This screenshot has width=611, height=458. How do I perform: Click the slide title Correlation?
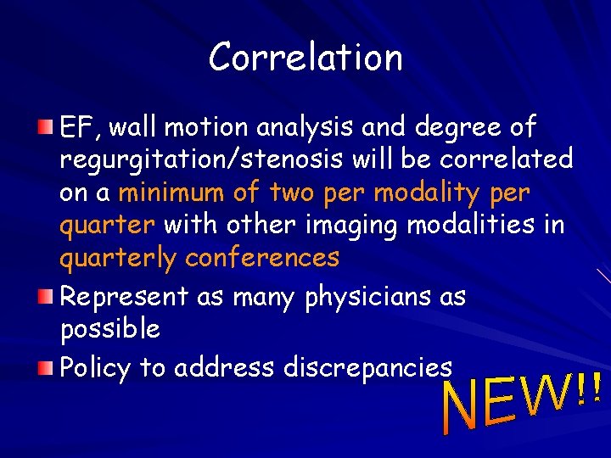pyautogui.click(x=305, y=58)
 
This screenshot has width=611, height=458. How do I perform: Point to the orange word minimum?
pyautogui.click(x=175, y=193)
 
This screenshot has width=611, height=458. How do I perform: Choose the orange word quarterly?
pyautogui.click(x=118, y=257)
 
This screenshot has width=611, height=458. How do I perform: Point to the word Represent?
pyautogui.click(x=123, y=296)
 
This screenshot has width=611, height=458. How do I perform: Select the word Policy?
pyautogui.click(x=95, y=367)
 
